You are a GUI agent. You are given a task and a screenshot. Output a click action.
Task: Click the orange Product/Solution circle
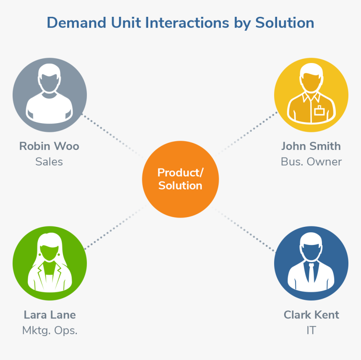(180, 179)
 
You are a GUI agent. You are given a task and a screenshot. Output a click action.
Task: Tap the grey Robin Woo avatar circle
(50, 95)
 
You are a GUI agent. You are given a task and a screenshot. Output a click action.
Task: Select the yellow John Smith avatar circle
(311, 95)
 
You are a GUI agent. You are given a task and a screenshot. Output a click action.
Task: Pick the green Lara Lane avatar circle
(50, 264)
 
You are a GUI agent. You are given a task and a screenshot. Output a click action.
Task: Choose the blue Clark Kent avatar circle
(311, 264)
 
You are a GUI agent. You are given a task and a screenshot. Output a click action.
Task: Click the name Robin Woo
(49, 146)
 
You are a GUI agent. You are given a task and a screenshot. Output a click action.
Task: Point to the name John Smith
(311, 146)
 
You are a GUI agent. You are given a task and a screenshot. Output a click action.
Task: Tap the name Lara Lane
(50, 315)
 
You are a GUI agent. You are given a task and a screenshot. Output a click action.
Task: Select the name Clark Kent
(311, 315)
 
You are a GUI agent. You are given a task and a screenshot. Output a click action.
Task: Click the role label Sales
(49, 162)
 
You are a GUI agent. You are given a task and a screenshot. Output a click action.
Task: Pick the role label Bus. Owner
(311, 162)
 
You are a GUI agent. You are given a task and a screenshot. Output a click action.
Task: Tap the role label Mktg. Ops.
(50, 330)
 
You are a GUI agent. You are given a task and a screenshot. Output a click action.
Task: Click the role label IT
(311, 330)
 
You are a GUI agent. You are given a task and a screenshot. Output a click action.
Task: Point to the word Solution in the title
(285, 23)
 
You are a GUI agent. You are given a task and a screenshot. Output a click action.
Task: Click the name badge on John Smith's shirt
(320, 111)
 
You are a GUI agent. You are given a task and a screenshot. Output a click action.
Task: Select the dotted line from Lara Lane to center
(113, 229)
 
